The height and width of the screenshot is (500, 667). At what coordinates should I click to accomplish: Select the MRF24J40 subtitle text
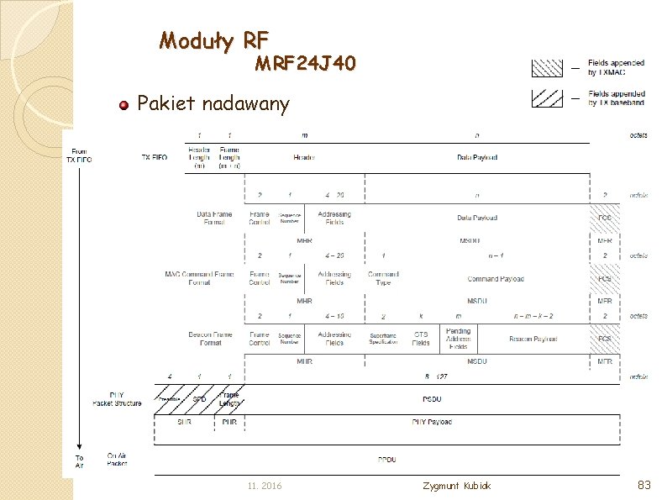(306, 64)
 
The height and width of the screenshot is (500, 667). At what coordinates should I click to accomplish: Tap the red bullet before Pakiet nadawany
(123, 104)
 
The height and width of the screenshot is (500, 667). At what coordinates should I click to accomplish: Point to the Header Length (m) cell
(199, 157)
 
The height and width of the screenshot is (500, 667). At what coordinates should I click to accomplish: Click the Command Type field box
(383, 278)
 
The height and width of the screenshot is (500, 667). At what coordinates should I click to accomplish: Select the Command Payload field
(495, 279)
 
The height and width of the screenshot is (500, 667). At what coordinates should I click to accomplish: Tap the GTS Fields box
(421, 339)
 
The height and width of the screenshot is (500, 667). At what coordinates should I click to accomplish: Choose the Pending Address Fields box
(458, 339)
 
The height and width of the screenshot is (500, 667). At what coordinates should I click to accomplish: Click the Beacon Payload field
(533, 339)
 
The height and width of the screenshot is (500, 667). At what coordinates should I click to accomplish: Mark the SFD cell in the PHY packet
(199, 398)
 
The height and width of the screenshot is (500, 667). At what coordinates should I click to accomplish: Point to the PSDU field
(432, 398)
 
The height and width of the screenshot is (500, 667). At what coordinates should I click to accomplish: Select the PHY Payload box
(432, 422)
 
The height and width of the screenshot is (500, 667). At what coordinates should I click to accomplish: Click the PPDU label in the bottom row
(386, 460)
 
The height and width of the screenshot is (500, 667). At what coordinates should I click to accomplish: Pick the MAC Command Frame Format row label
(199, 278)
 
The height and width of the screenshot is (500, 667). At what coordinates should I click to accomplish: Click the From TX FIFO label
(79, 155)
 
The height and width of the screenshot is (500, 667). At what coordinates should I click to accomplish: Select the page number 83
(644, 485)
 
